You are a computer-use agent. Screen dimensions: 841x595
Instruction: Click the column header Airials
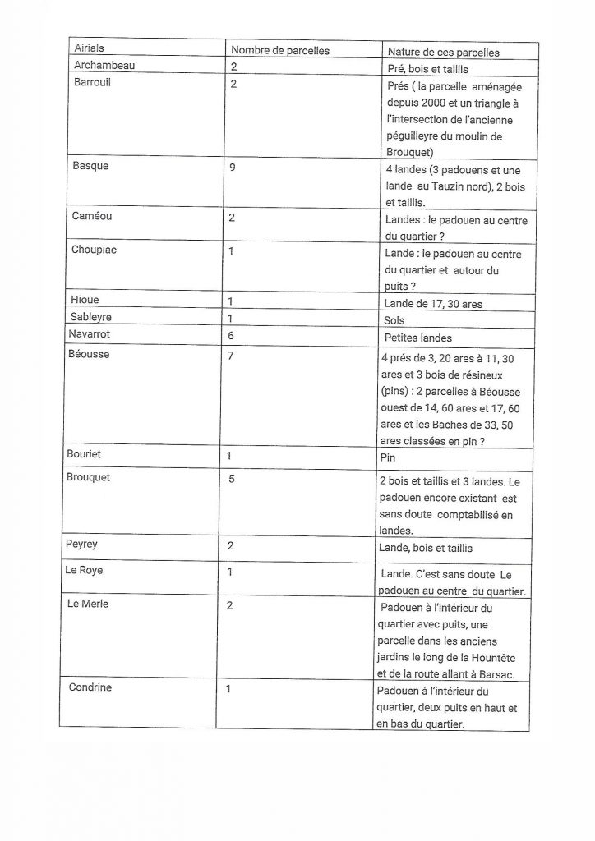pos(90,49)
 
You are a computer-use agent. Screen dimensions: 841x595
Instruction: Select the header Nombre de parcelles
pos(279,51)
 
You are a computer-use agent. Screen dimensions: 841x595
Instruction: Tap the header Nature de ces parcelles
pos(443,53)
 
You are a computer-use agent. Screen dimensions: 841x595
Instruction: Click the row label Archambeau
pos(104,65)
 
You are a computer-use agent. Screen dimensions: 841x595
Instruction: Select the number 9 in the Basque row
pos(234,166)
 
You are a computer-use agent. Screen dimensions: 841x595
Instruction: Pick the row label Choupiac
pos(95,250)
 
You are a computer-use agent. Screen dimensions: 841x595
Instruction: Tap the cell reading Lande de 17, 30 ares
pos(433,304)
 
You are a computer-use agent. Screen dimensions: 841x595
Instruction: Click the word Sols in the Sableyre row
pos(394,320)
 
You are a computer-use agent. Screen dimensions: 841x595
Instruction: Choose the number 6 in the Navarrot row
pos(232,336)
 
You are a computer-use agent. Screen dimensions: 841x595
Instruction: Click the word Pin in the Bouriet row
pos(389,455)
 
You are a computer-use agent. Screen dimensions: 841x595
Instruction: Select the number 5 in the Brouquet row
pos(233,479)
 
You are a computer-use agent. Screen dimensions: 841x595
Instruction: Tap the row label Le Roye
pos(85,570)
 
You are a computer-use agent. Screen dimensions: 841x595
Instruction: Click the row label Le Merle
pos(90,604)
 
